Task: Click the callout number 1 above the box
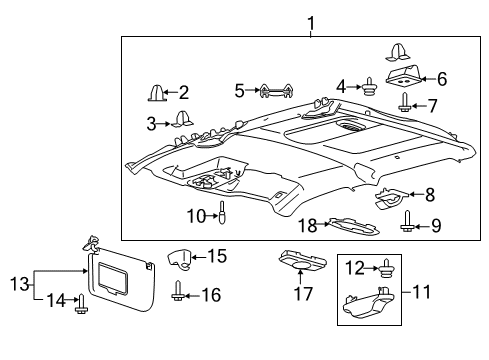pos(311,23)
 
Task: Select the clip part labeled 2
pos(156,92)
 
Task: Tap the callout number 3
pos(151,124)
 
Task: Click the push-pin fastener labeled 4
pos(369,87)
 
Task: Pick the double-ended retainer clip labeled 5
pos(277,90)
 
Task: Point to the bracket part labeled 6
pos(403,75)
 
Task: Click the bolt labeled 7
pos(404,102)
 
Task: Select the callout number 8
pos(430,195)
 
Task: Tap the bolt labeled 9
pos(407,221)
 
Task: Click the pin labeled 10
pos(222,212)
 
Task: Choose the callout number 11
pos(421,292)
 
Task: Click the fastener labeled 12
pos(386,268)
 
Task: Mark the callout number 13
pos(20,284)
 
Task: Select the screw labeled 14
pos(81,304)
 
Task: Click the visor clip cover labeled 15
pos(179,258)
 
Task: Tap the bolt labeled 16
pos(178,290)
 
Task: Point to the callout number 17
pos(303,294)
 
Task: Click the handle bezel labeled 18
pos(353,227)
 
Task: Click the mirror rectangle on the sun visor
pos(112,278)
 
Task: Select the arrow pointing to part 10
pos(212,216)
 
